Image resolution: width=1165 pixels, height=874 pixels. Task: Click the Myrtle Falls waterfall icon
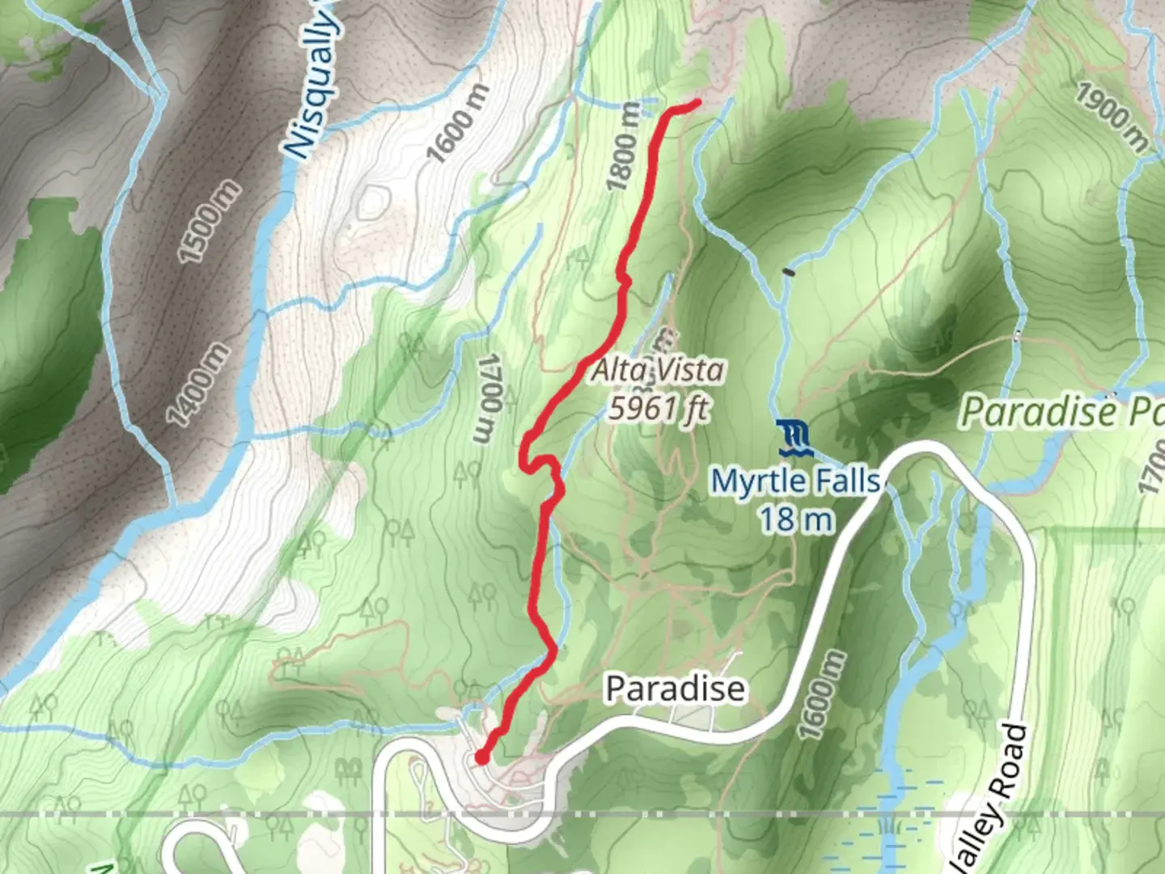[x=793, y=438]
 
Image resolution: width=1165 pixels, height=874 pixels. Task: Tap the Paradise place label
[x=675, y=689]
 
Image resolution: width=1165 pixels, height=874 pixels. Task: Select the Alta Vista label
[x=658, y=371]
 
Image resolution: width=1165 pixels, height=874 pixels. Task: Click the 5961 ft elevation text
[x=659, y=408]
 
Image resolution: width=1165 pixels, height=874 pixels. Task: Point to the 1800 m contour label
[x=624, y=146]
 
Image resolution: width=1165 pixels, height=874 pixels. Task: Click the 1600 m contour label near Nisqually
[x=459, y=123]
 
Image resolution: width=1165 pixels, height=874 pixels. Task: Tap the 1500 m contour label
[x=209, y=222]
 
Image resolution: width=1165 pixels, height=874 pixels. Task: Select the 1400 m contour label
[x=198, y=384]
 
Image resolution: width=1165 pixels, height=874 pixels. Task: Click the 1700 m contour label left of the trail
[x=487, y=398]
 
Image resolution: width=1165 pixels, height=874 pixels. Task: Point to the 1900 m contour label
[x=1112, y=117]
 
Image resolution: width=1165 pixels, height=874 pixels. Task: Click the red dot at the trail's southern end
[x=481, y=758]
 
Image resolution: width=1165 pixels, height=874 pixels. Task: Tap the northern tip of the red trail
[x=697, y=102]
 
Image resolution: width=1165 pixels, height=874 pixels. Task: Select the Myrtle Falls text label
[x=795, y=482]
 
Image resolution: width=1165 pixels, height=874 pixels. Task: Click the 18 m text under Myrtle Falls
[x=795, y=519]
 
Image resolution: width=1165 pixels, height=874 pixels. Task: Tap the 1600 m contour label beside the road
[x=821, y=694]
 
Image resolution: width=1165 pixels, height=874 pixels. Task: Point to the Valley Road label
[x=991, y=801]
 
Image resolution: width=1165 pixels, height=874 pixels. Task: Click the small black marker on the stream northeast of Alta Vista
[x=789, y=272]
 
